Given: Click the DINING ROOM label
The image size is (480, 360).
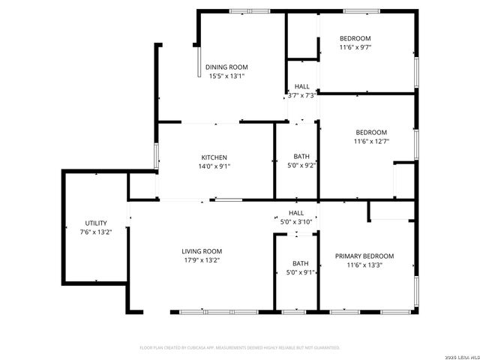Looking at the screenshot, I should coord(226,67).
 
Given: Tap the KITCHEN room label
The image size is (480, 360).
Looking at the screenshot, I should coord(214,157).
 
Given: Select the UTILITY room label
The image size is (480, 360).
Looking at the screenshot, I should coord(96,223).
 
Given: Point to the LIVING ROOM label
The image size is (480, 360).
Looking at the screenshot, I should coord(202,251).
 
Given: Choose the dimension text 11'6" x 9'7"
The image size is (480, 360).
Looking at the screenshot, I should coord(355,47).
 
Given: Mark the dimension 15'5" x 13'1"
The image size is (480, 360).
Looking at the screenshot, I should coord(226,76).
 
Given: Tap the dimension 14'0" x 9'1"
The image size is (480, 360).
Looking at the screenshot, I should coord(214,166).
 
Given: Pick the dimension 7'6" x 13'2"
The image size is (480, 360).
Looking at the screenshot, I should coord(96,232).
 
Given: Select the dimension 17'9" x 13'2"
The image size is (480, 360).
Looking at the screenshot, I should coord(202,260).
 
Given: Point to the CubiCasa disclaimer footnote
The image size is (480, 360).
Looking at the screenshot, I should coord(240,348).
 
